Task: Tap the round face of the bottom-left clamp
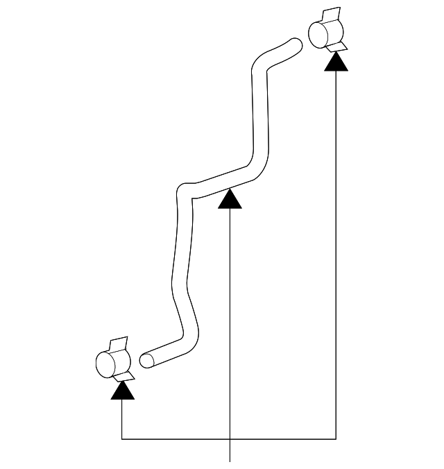pyautogui.click(x=103, y=364)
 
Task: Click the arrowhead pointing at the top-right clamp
pyautogui.click(x=336, y=62)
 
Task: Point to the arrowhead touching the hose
pyautogui.click(x=230, y=200)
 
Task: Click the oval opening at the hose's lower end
pyautogui.click(x=146, y=361)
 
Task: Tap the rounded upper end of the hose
pyautogui.click(x=297, y=46)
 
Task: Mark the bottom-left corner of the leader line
pyautogui.click(x=122, y=439)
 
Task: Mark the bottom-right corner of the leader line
pyautogui.click(x=336, y=439)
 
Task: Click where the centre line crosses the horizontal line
pyautogui.click(x=230, y=439)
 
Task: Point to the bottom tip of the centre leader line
pyautogui.click(x=230, y=459)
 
